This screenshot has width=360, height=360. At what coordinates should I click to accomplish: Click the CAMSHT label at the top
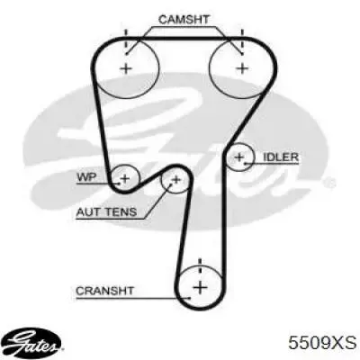pyautogui.click(x=184, y=20)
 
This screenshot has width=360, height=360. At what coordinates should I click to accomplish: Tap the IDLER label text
pyautogui.click(x=281, y=157)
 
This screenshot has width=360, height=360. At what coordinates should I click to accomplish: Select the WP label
pyautogui.click(x=87, y=177)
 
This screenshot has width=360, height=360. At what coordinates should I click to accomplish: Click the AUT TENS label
pyautogui.click(x=106, y=212)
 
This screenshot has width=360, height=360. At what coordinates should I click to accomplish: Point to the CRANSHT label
pyautogui.click(x=104, y=291)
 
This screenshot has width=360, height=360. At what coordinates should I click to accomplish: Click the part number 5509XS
pyautogui.click(x=322, y=342)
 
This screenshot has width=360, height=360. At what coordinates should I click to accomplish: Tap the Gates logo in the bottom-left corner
pyautogui.click(x=33, y=342)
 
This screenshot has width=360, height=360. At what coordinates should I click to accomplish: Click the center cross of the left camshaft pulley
pyautogui.click(x=126, y=68)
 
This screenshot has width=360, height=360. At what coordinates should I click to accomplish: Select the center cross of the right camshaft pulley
pyautogui.click(x=242, y=68)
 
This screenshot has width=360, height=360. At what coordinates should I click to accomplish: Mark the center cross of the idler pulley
pyautogui.click(x=239, y=157)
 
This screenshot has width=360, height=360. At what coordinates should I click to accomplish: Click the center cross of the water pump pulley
pyautogui.click(x=125, y=179)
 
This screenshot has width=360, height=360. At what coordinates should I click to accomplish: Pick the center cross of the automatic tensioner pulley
pyautogui.click(x=176, y=180)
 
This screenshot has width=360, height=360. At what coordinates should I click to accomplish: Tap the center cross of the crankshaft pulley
pyautogui.click(x=201, y=288)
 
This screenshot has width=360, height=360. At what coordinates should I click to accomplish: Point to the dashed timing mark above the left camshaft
pyautogui.click(x=126, y=41)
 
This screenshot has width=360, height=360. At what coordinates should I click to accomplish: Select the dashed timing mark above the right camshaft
pyautogui.click(x=242, y=41)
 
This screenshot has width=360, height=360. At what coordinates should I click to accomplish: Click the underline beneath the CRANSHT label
pyautogui.click(x=133, y=299)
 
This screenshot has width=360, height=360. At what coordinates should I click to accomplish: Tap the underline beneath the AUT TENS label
pyautogui.click(x=110, y=219)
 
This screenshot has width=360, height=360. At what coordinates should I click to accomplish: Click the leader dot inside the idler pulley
pyautogui.click(x=246, y=164)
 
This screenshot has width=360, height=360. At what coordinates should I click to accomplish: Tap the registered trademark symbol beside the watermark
pyautogui.click(x=331, y=182)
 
